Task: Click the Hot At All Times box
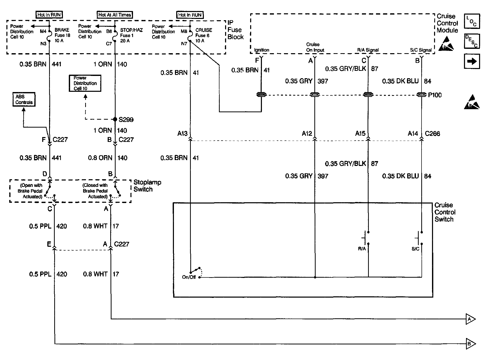(x=115, y=15)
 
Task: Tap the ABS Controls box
(x=24, y=99)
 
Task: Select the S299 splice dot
(x=115, y=119)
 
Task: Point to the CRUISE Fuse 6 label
(x=204, y=35)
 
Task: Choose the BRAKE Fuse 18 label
(x=62, y=35)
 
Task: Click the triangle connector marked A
(x=470, y=319)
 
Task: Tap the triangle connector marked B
(x=470, y=344)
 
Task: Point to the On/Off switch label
(x=189, y=277)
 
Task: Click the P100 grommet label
(x=435, y=95)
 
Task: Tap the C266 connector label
(x=433, y=133)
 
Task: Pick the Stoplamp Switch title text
(x=147, y=186)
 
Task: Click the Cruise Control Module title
(x=447, y=23)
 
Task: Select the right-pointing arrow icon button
(x=472, y=62)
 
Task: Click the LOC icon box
(x=472, y=21)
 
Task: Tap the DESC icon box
(x=472, y=41)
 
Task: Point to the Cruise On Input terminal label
(x=315, y=47)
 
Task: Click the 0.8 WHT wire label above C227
(x=95, y=226)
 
